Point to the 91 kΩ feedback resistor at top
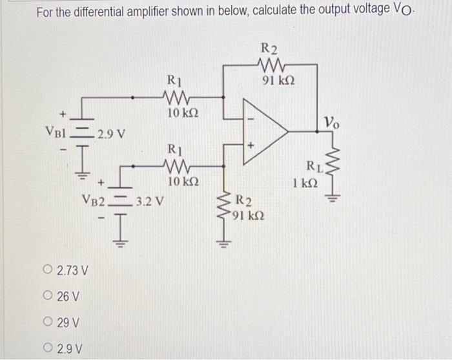(x=270, y=63)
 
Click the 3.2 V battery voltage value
(x=149, y=200)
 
